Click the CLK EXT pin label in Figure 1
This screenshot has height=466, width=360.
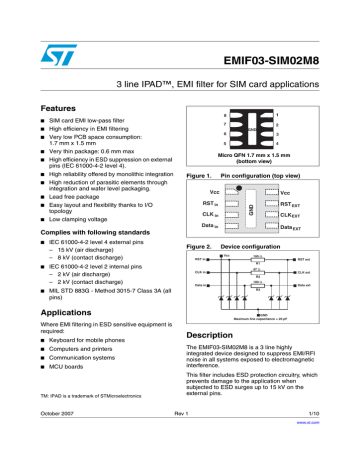click(290, 214)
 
